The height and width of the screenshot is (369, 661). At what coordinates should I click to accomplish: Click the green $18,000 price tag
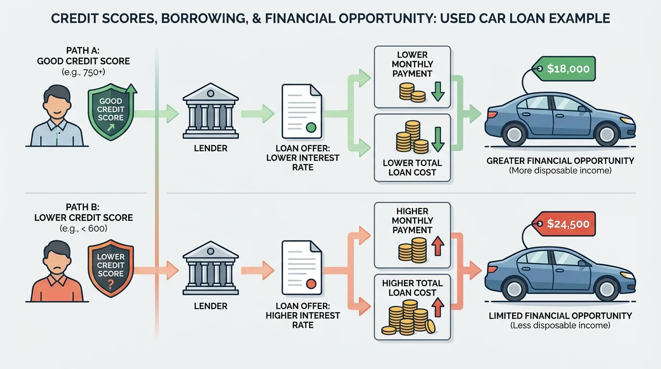(x=567, y=69)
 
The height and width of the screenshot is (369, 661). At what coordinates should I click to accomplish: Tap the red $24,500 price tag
(x=567, y=224)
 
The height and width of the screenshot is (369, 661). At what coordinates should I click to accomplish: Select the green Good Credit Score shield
(x=110, y=110)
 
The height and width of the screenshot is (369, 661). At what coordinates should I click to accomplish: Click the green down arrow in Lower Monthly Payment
(x=438, y=92)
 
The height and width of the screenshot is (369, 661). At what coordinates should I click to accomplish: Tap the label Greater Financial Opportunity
(x=560, y=160)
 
